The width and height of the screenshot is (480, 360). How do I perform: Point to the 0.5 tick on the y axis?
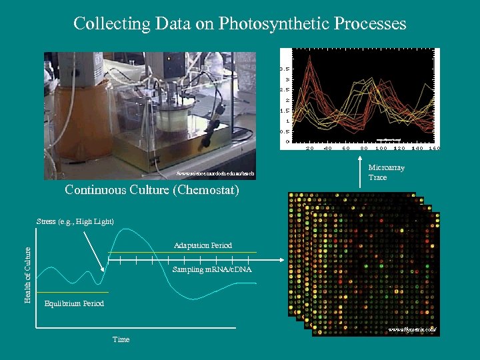coord(285,131)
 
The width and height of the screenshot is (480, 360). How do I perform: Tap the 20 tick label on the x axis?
coord(310,148)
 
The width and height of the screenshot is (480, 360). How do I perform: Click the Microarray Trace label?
coord(386,173)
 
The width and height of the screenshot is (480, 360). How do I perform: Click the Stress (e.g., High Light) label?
coord(75,221)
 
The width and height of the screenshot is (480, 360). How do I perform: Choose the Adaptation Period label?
coord(203,245)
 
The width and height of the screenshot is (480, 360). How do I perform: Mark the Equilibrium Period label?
coord(74,304)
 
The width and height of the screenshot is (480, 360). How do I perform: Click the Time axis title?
coord(121,340)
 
